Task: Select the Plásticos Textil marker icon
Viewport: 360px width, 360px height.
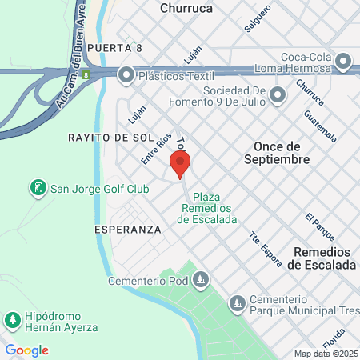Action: pyautogui.click(x=126, y=75)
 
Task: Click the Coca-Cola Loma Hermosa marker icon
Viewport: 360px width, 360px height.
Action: pyautogui.click(x=344, y=61)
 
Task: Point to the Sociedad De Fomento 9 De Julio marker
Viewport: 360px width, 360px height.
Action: pyautogui.click(x=278, y=96)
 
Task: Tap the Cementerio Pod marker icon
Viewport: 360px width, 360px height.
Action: pyautogui.click(x=202, y=281)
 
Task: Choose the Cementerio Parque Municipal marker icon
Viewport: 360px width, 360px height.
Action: pyautogui.click(x=237, y=304)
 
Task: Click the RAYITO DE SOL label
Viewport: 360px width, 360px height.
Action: pyautogui.click(x=110, y=138)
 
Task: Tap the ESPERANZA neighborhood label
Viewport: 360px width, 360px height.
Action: pyautogui.click(x=127, y=229)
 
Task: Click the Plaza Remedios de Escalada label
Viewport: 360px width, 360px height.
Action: pyautogui.click(x=206, y=208)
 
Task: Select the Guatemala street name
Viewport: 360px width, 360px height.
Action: pyautogui.click(x=318, y=125)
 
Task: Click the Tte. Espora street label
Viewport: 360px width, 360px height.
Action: pyautogui.click(x=265, y=247)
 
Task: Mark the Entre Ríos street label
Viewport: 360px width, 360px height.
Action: pyautogui.click(x=156, y=150)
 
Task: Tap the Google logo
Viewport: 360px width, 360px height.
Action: pyautogui.click(x=26, y=350)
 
